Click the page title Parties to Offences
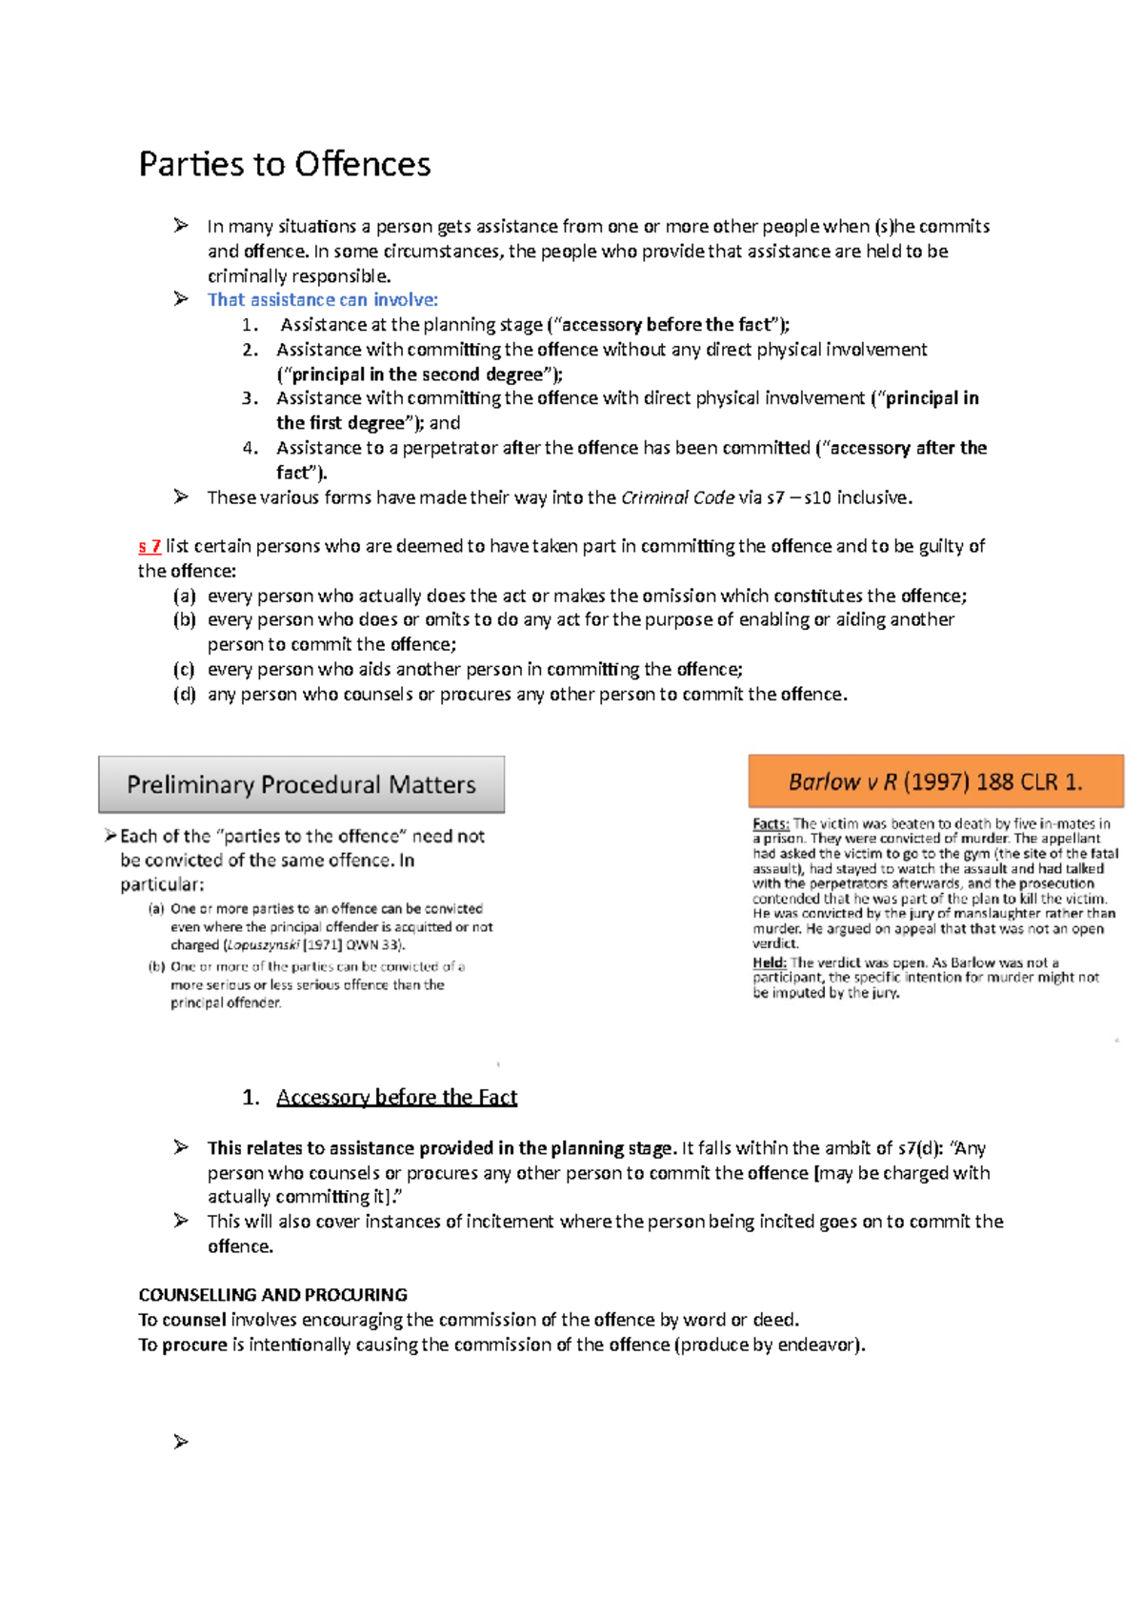tap(284, 164)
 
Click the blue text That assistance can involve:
tap(322, 300)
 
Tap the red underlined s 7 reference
tap(149, 546)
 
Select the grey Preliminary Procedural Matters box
tap(301, 784)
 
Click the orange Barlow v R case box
tap(935, 781)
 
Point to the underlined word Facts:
tap(771, 823)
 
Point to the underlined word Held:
tap(769, 962)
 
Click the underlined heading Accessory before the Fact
tap(396, 1097)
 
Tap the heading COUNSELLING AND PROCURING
tap(272, 1295)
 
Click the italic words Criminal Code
tap(677, 497)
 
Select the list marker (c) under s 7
tap(184, 669)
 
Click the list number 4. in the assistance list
tap(250, 448)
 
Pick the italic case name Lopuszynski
tap(262, 945)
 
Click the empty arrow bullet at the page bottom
tap(180, 1442)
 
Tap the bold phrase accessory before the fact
tap(666, 325)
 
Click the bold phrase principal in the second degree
tap(417, 374)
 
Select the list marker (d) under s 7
tap(184, 694)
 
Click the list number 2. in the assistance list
tap(250, 350)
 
